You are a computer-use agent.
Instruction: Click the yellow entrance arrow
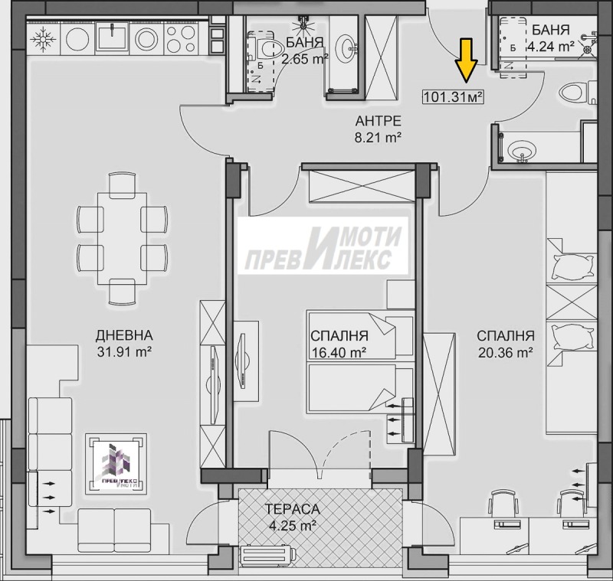(x=466, y=60)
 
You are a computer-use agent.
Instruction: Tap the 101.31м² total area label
(x=453, y=96)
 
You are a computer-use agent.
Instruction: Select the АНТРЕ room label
(x=378, y=121)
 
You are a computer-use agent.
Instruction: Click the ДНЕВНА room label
(x=124, y=335)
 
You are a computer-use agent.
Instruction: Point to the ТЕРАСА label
(x=293, y=509)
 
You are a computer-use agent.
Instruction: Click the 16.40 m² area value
(x=339, y=353)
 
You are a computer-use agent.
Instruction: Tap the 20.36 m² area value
(x=506, y=353)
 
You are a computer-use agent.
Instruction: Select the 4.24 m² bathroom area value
(x=550, y=47)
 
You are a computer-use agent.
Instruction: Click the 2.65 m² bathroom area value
(x=305, y=59)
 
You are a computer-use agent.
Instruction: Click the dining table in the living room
(x=123, y=239)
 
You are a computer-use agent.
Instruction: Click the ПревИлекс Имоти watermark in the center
(x=323, y=246)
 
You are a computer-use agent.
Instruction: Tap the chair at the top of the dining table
(x=123, y=185)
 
